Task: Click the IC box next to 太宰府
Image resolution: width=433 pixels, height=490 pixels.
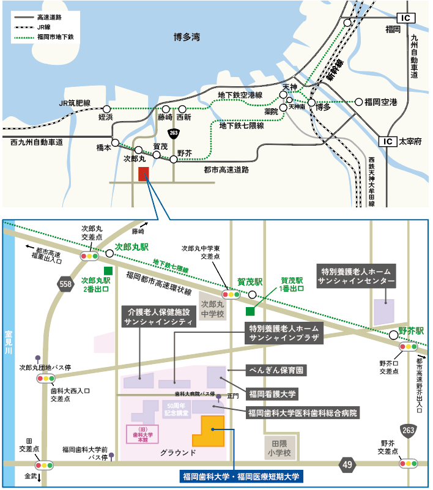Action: pos(387,141)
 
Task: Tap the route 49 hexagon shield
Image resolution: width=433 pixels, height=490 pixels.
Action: pos(348,466)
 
